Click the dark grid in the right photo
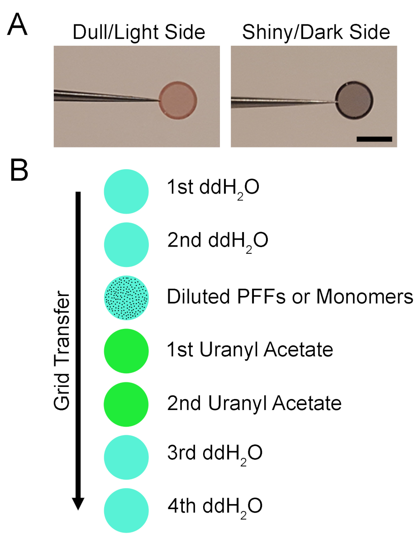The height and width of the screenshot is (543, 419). point(355,100)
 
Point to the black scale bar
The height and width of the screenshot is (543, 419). point(374,139)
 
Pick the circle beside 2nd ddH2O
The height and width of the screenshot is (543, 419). point(126,244)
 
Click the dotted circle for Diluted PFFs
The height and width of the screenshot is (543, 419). point(126,297)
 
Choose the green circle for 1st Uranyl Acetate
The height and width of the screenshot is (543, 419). point(126,350)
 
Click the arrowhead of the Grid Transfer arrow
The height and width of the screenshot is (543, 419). point(78,502)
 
